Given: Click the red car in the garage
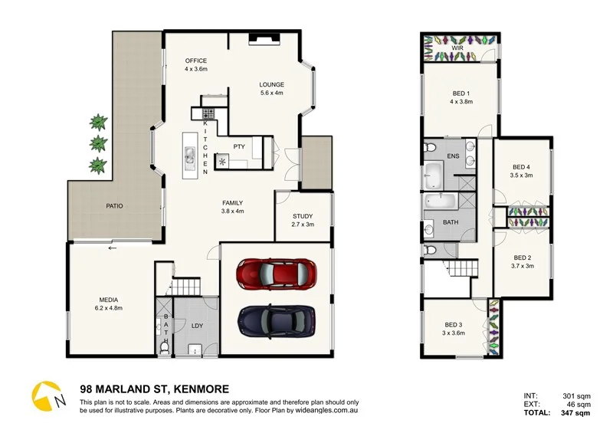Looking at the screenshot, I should click(277, 274).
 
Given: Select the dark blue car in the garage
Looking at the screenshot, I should click(277, 320).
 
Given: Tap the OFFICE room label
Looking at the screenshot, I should click(196, 61).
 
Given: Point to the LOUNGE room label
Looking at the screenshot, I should click(272, 85).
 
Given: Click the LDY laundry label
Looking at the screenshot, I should click(197, 326).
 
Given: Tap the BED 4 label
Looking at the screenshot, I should click(521, 167).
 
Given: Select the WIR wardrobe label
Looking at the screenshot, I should click(457, 48).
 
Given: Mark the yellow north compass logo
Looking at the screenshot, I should click(46, 396).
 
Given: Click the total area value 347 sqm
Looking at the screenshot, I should click(575, 413).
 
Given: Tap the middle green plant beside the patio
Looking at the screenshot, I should click(97, 143).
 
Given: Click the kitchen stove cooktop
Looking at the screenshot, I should click(208, 114).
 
